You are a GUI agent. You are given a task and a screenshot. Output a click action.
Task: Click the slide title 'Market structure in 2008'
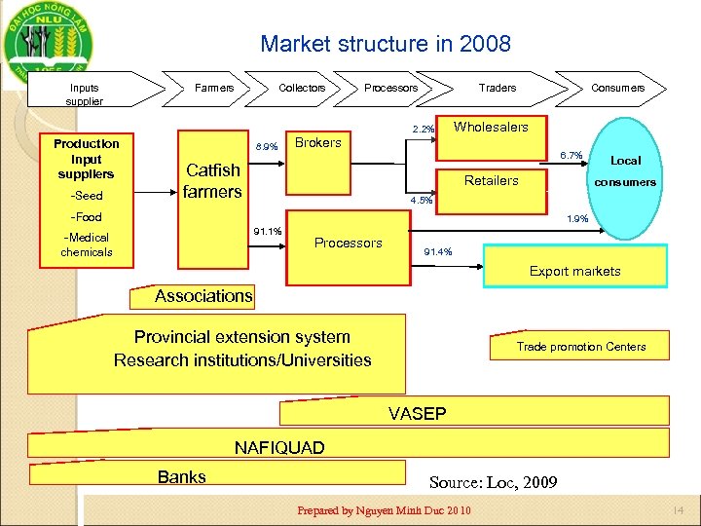pyautogui.click(x=385, y=44)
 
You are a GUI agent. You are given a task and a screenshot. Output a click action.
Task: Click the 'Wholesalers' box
pyautogui.click(x=492, y=128)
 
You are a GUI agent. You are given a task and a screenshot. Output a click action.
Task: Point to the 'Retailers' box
pyautogui.click(x=492, y=180)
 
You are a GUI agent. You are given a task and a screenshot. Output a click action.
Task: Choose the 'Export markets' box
pyautogui.click(x=574, y=271)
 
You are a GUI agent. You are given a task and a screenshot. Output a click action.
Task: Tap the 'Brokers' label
pyautogui.click(x=318, y=143)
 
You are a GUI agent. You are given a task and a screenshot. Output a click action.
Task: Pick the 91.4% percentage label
pyautogui.click(x=435, y=252)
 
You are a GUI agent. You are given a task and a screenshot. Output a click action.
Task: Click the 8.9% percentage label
pyautogui.click(x=266, y=147)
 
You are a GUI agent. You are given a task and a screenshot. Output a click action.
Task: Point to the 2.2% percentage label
pyautogui.click(x=424, y=130)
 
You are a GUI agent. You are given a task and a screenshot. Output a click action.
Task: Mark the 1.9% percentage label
pyautogui.click(x=577, y=219)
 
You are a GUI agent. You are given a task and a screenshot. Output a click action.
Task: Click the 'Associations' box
pyautogui.click(x=203, y=296)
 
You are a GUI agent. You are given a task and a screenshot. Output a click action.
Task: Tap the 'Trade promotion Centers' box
pyautogui.click(x=580, y=347)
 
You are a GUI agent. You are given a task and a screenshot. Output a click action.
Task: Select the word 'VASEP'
pyautogui.click(x=417, y=414)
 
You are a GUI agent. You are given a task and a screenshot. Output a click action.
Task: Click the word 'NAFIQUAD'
pyautogui.click(x=279, y=448)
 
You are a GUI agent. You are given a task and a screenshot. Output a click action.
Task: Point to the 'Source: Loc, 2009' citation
pyautogui.click(x=493, y=481)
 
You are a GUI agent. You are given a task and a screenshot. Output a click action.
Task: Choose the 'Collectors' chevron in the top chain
pyautogui.click(x=302, y=88)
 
